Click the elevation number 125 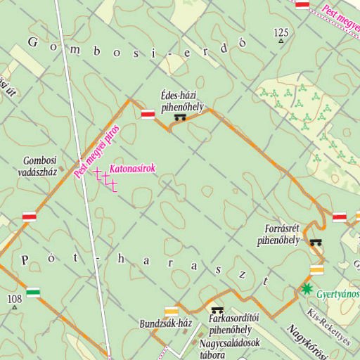pyautogui.click(x=281, y=32)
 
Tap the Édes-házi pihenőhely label pyautogui.click(x=181, y=103)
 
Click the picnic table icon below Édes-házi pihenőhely pyautogui.click(x=180, y=117)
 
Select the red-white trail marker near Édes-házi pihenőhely pyautogui.click(x=148, y=114)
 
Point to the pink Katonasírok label pyautogui.click(x=132, y=169)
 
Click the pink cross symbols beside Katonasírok pyautogui.click(x=105, y=179)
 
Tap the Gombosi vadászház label pyautogui.click(x=39, y=165)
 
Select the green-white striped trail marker pyautogui.click(x=33, y=292)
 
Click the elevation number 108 pyautogui.click(x=15, y=300)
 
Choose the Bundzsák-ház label pyautogui.click(x=166, y=323)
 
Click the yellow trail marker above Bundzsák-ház pyautogui.click(x=171, y=310)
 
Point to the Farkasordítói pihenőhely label pyautogui.click(x=230, y=324)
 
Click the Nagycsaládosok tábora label pyautogui.click(x=231, y=348)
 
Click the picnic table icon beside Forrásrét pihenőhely pyautogui.click(x=316, y=242)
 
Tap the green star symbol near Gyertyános pyautogui.click(x=306, y=288)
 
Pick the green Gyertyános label pyautogui.click(x=337, y=292)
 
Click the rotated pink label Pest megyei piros pyautogui.click(x=97, y=151)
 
